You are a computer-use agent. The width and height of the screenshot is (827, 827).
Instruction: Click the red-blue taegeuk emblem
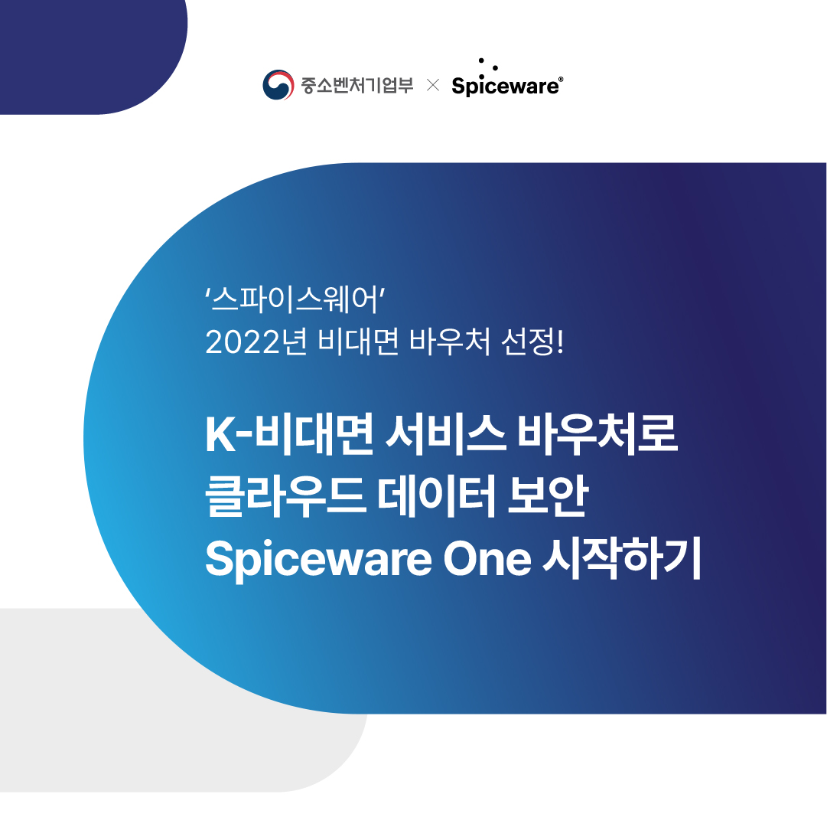pos(278,84)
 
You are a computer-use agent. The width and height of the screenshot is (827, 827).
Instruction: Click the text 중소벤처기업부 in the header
pos(357,85)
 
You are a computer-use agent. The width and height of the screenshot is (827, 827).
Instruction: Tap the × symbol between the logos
pos(433,85)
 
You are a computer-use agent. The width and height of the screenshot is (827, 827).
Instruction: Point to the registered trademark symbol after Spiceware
pos(561,79)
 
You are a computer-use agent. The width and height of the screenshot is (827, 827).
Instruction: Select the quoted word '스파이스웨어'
pos(295,299)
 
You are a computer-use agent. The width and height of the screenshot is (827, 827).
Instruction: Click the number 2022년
pos(256,342)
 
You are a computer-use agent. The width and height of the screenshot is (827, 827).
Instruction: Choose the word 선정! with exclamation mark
pos(532,342)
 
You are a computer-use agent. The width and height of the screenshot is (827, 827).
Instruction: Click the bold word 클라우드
pos(285,496)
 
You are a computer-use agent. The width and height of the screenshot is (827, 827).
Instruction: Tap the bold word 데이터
pos(437,496)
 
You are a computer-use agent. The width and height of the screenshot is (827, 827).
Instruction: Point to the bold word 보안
pos(548,496)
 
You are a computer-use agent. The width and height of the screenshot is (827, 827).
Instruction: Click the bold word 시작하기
pos(622,558)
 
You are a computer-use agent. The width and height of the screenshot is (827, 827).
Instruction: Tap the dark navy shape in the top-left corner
pos(90,53)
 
